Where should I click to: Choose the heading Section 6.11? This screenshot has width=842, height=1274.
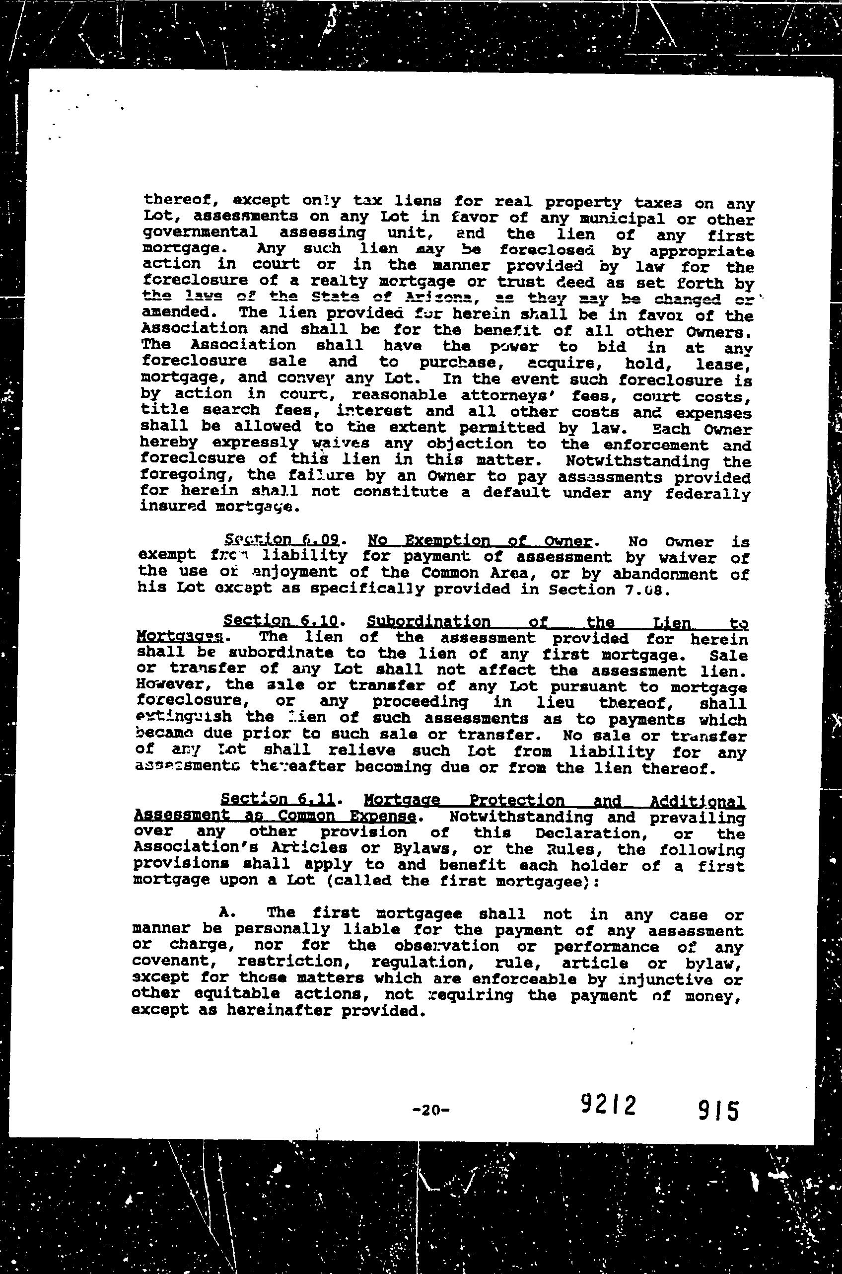[x=278, y=801]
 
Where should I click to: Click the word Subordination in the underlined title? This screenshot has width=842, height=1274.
[x=428, y=622]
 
